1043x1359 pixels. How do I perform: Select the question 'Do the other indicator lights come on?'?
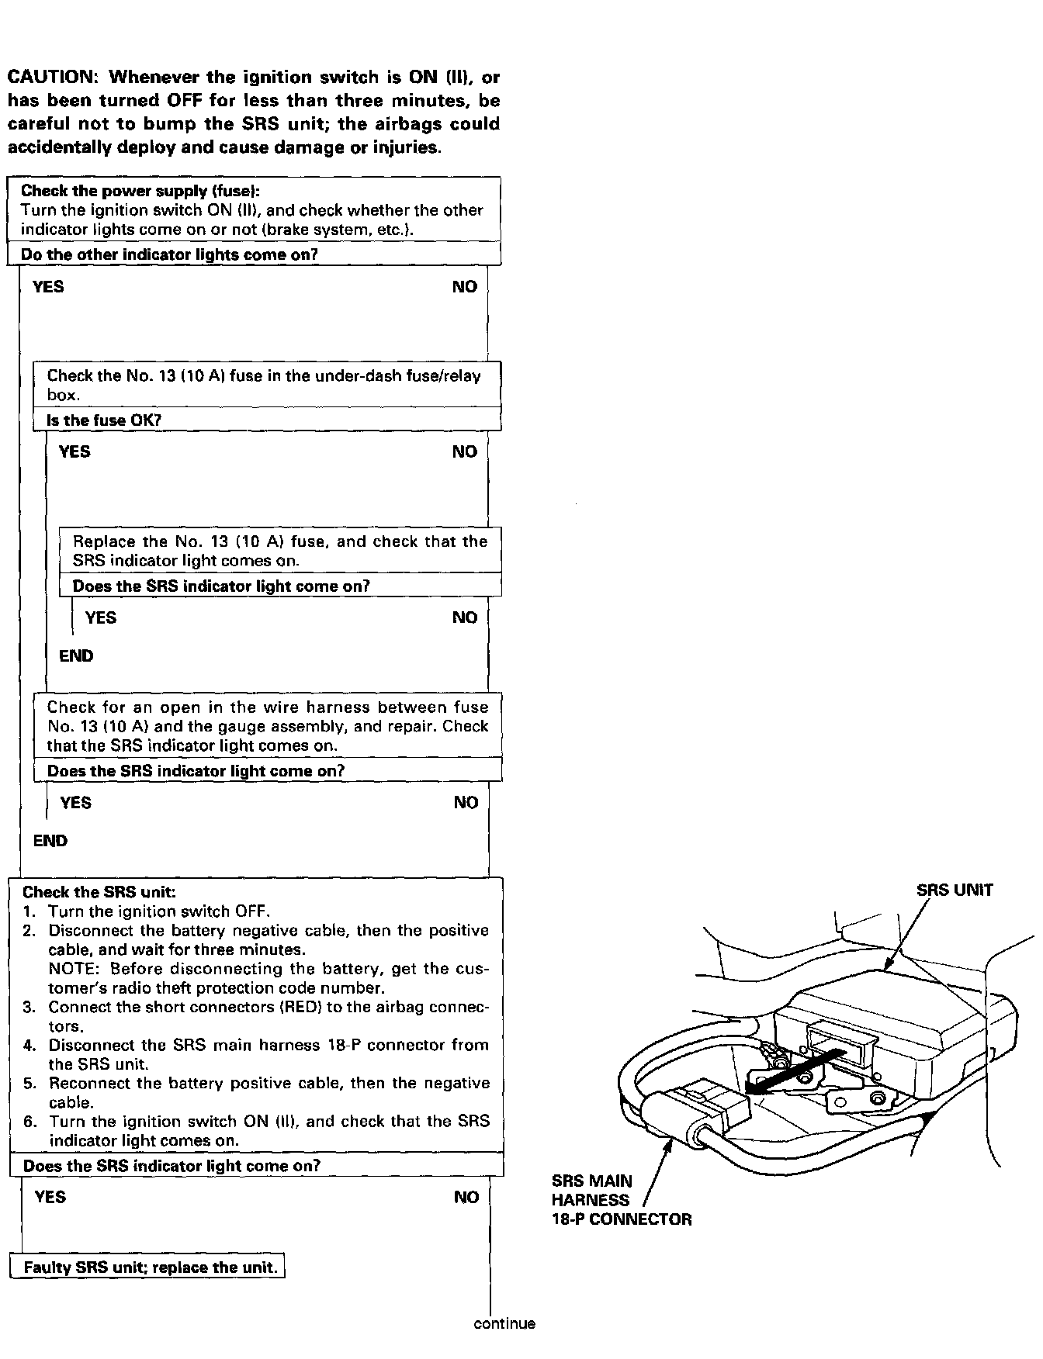click(170, 254)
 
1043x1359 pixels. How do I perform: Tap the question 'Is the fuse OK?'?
click(104, 420)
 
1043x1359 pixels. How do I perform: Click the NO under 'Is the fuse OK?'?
click(465, 452)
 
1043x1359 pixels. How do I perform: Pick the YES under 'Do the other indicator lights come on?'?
click(48, 287)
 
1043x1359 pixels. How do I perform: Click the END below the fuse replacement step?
click(76, 656)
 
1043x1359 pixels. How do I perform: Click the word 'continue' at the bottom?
click(504, 1324)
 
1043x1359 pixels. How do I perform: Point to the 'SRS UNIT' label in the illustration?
click(954, 890)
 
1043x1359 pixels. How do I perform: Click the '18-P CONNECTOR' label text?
click(621, 1219)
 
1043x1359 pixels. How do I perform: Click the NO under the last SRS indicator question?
click(466, 1198)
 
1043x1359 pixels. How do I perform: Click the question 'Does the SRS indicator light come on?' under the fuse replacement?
click(220, 586)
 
